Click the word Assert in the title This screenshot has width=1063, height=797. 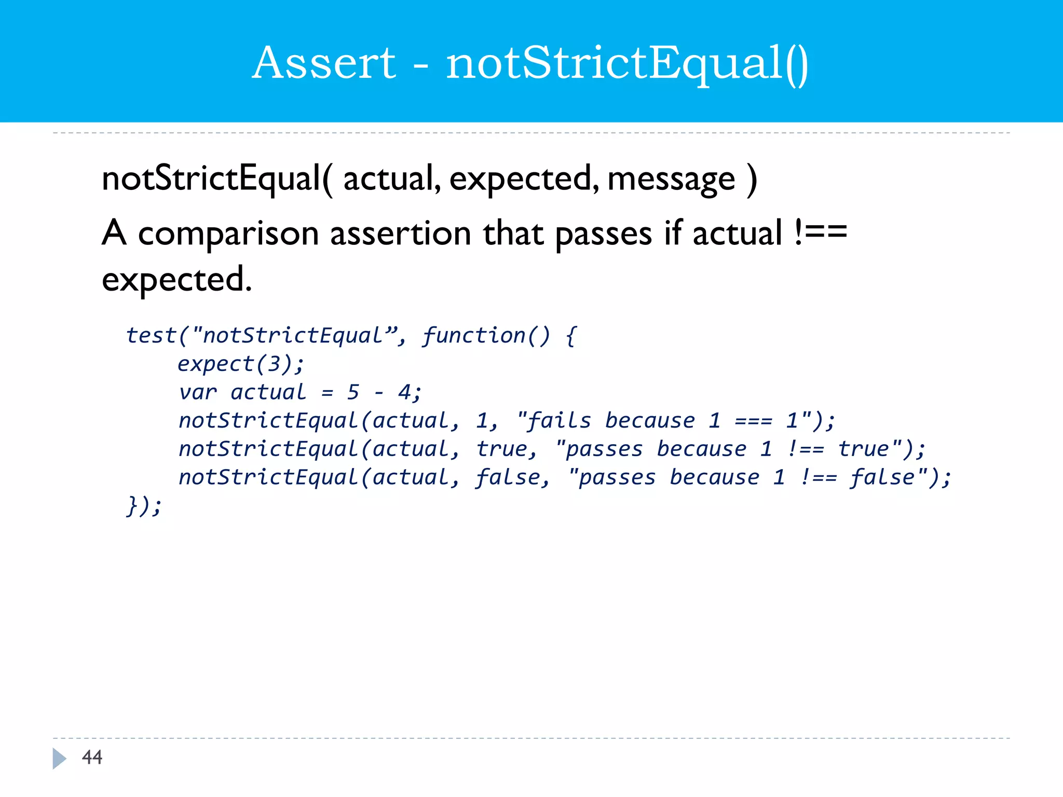(x=324, y=63)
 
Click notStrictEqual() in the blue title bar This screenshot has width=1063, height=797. (x=627, y=63)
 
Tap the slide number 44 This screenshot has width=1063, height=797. (x=92, y=757)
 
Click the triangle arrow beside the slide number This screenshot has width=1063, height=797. (x=59, y=758)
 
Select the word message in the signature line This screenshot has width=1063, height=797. (x=671, y=179)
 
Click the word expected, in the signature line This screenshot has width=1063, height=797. (x=523, y=179)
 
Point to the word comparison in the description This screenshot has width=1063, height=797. (x=228, y=233)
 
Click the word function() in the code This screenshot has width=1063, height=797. (x=485, y=336)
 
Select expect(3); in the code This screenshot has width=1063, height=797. (x=241, y=364)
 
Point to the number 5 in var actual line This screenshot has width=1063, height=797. (x=353, y=392)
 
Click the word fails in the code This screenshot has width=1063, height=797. (x=559, y=421)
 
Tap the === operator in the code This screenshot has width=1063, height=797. (x=753, y=421)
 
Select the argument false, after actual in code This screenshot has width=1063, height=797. (x=513, y=477)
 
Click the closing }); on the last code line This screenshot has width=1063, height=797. (x=144, y=506)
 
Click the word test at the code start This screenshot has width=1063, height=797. (x=151, y=336)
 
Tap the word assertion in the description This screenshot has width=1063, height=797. (x=400, y=233)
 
